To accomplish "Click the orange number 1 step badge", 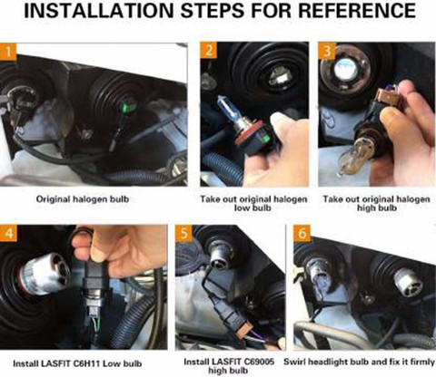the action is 8,52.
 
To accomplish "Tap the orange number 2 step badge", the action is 209,50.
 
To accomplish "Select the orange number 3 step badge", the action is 327,51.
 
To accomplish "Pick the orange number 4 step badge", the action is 8,233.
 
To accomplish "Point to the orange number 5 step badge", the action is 184,234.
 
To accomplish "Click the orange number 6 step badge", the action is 302,234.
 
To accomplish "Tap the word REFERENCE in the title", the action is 357,11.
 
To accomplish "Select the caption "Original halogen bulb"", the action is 83,199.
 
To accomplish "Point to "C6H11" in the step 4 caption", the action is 86,363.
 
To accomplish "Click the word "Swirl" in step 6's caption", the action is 294,362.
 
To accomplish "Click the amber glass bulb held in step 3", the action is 352,159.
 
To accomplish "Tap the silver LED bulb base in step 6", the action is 408,284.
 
